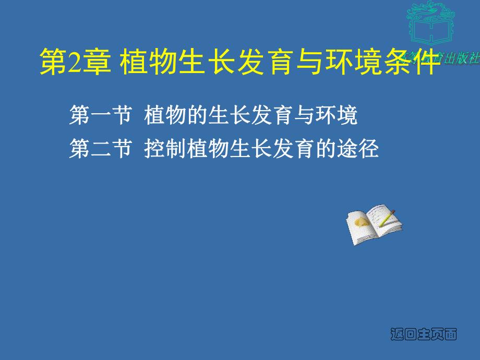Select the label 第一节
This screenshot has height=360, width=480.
point(99,116)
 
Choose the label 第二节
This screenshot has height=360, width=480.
point(99,149)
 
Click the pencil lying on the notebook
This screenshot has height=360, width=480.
point(388,218)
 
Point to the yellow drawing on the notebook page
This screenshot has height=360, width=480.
point(361,222)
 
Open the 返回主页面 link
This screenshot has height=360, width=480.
point(424,334)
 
